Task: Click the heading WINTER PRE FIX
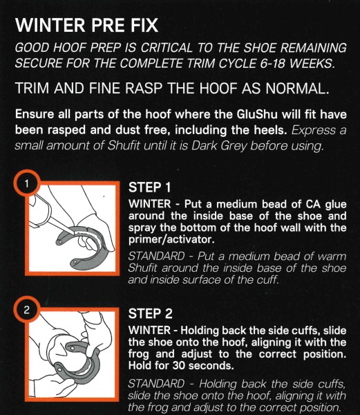pos(86,26)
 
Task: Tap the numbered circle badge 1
pos(26,183)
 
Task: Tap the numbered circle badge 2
pos(26,310)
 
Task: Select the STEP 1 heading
pos(150,187)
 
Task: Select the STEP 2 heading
pos(150,313)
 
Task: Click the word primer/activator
pos(171,239)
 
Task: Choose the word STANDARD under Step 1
pos(156,256)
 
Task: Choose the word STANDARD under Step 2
pos(156,384)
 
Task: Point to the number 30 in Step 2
pos(179,365)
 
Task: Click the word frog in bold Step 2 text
pos(138,354)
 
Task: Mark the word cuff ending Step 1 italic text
pos(269,279)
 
